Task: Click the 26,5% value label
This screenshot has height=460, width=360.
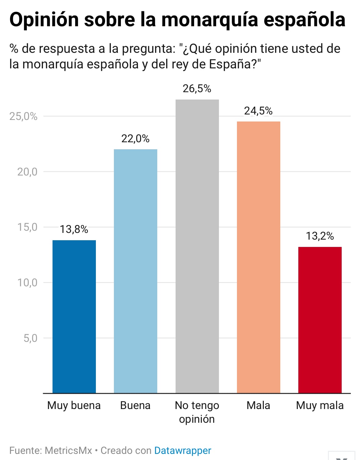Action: click(x=197, y=89)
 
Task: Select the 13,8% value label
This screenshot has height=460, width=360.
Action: click(x=74, y=229)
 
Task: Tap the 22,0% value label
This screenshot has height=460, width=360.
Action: click(x=136, y=139)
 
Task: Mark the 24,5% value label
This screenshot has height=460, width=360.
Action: click(x=258, y=111)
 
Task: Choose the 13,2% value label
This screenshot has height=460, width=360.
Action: click(x=320, y=236)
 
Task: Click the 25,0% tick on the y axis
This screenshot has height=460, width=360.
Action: click(x=23, y=116)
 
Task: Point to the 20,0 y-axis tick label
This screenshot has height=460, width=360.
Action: click(x=27, y=172)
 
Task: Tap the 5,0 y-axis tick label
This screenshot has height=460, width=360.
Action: click(x=30, y=338)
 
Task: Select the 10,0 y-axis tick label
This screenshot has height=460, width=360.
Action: click(x=27, y=283)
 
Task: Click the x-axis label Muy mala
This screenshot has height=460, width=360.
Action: click(x=320, y=405)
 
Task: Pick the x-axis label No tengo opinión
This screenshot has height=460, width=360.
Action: click(x=197, y=412)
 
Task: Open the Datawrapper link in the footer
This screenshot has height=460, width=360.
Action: click(x=183, y=451)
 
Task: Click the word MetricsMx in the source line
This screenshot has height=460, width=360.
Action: click(x=68, y=451)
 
